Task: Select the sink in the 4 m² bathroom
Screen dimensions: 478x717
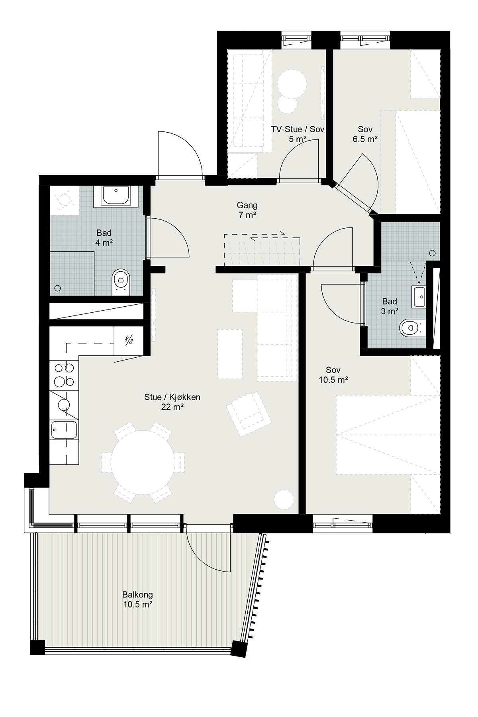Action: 116,196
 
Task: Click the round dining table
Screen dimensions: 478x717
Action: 143,462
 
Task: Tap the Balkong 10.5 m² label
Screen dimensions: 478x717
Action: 137,599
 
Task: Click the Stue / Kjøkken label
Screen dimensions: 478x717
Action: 172,397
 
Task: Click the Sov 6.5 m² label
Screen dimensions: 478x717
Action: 365,134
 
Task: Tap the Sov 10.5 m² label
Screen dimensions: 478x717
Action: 333,375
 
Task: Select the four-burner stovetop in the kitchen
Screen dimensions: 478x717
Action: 64,374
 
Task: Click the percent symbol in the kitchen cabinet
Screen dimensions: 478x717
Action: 129,340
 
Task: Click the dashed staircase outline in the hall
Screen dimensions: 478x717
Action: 262,250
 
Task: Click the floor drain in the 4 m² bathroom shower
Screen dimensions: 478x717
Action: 58,288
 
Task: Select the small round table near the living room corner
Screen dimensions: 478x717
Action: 284,498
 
